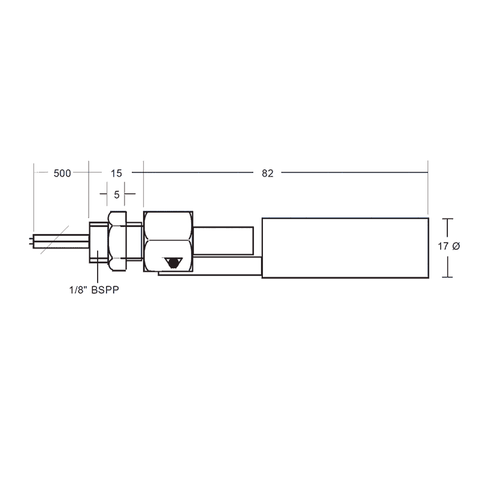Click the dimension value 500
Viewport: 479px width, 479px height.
click(x=62, y=174)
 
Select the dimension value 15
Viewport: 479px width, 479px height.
click(x=116, y=174)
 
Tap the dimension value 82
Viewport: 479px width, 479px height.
click(x=268, y=174)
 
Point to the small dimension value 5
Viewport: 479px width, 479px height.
click(x=116, y=194)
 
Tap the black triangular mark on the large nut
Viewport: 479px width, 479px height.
click(x=174, y=262)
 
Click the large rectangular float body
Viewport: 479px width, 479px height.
click(x=345, y=247)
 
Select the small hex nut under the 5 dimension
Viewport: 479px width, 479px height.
click(x=117, y=237)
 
